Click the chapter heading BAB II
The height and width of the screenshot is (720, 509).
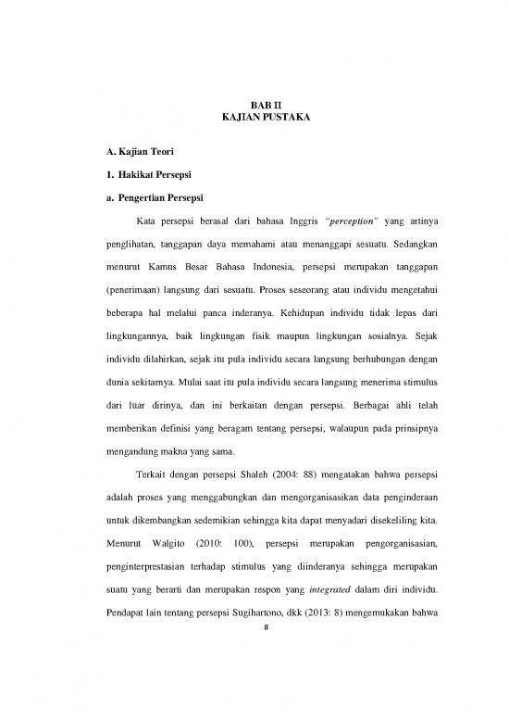tap(254, 106)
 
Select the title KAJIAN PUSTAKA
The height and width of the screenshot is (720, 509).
tap(254, 120)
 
